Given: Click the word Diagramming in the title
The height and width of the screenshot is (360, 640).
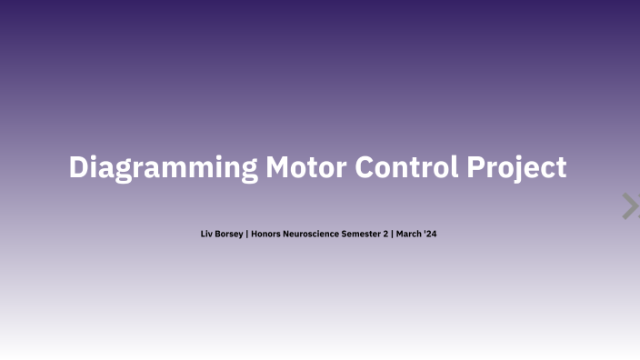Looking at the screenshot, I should point(163,168).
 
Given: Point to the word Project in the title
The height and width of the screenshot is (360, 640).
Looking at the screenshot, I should point(516,168).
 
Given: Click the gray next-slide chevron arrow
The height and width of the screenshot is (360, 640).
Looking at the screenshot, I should point(629,206).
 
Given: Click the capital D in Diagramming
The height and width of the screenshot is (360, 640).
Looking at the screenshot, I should point(79,167).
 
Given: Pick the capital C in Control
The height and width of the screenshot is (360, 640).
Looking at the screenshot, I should point(364,167).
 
